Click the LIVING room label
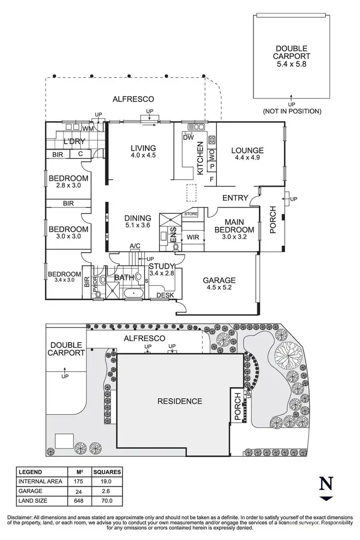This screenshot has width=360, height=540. click(x=142, y=147)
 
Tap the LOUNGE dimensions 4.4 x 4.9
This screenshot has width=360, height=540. click(x=247, y=158)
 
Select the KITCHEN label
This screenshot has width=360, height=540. click(x=201, y=158)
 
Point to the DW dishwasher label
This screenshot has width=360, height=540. click(x=188, y=137)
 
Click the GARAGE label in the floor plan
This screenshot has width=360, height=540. click(x=219, y=280)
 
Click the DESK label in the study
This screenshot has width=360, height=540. click(x=165, y=295)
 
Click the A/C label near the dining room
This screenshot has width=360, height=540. click(x=135, y=246)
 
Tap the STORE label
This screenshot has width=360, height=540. click(x=191, y=213)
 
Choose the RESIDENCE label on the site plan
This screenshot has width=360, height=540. click(x=180, y=401)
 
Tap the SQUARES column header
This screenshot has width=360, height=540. click(x=107, y=472)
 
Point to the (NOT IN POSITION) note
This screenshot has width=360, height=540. click(x=291, y=111)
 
